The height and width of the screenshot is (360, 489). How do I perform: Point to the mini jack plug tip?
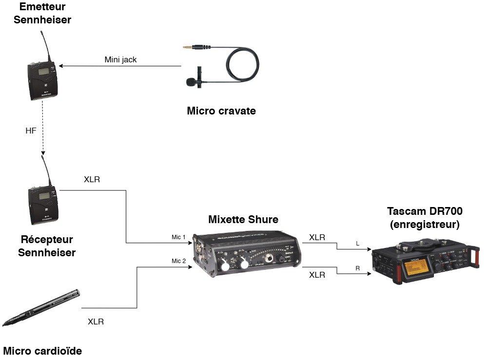coord(186,48)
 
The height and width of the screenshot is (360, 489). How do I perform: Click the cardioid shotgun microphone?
coord(41,307)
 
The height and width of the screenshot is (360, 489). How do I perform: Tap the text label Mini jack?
coord(120,60)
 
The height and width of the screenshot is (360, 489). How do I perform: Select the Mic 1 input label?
coord(179,237)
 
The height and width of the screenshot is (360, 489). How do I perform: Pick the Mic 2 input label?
coord(179,261)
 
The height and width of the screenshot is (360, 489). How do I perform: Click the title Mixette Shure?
coord(243,219)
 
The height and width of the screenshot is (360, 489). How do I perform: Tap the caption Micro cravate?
coord(221,111)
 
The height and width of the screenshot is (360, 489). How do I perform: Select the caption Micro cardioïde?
coord(42,350)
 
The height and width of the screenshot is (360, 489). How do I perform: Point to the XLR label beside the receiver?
coord(92,179)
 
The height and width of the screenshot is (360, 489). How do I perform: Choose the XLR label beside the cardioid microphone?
coord(96,322)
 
